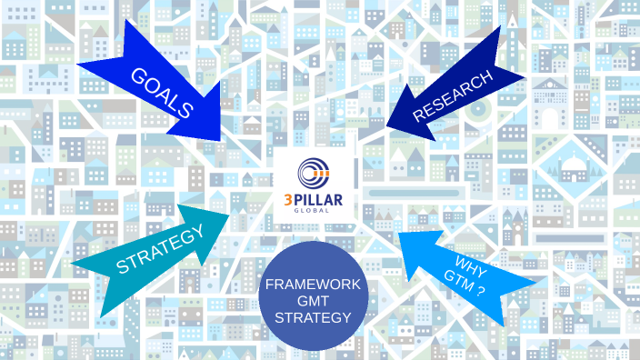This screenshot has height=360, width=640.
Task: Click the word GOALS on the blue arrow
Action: click(163, 93)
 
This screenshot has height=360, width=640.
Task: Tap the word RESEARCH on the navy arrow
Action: click(454, 95)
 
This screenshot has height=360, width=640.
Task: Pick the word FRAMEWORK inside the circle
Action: click(313, 285)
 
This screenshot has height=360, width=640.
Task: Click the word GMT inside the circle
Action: click(312, 301)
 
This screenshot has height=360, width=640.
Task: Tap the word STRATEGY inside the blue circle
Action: click(313, 317)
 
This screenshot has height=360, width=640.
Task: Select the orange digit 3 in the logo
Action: click(289, 198)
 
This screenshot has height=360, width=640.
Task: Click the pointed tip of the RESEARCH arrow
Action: click(385, 125)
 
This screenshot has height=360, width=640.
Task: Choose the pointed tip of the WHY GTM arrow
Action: click(399, 234)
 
